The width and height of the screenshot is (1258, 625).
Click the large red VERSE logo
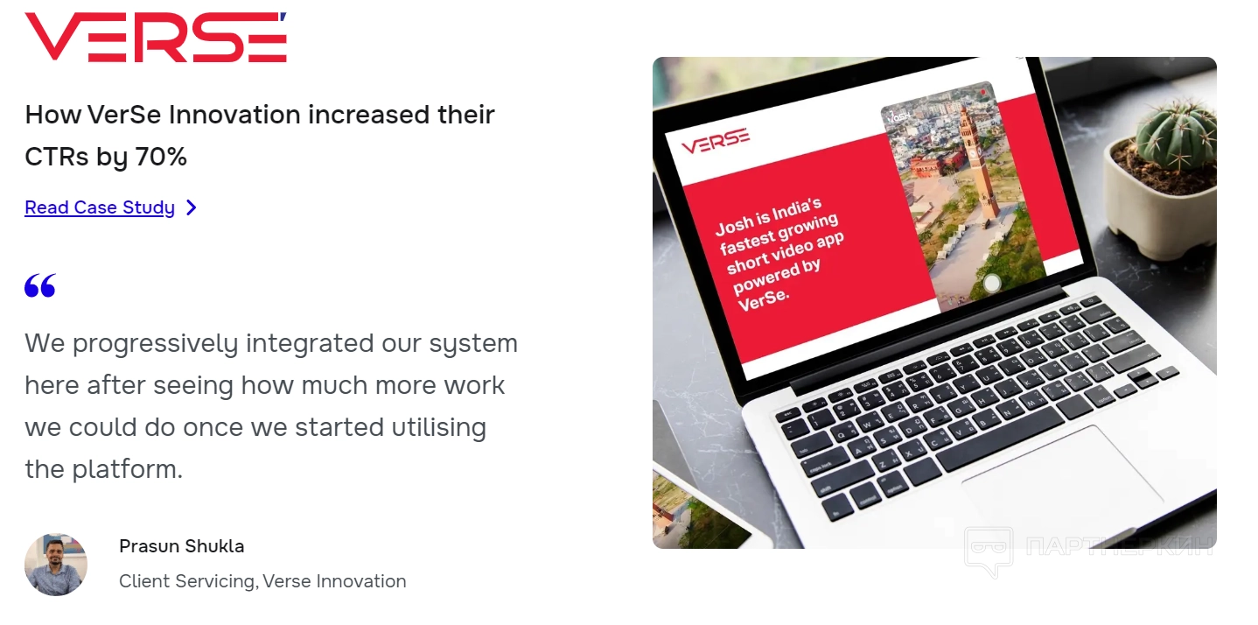[x=156, y=37]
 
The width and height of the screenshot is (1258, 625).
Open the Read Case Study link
[x=100, y=207]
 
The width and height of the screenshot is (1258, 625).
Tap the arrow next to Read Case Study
[x=192, y=207]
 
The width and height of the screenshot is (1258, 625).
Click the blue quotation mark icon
[x=40, y=285]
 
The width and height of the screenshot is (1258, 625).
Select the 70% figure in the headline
[x=161, y=156]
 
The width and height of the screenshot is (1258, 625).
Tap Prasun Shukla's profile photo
[x=56, y=565]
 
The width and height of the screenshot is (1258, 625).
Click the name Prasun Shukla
[x=181, y=546]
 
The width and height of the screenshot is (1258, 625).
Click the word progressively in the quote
[x=155, y=344]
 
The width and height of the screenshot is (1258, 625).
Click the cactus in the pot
[x=1177, y=134]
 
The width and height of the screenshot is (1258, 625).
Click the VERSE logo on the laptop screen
[x=716, y=141]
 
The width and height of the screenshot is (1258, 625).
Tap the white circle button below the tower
[x=992, y=283]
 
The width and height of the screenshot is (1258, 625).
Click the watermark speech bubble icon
[x=989, y=550]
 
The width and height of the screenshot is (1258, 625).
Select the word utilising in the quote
[x=438, y=427]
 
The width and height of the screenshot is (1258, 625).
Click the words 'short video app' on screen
[x=785, y=252]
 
